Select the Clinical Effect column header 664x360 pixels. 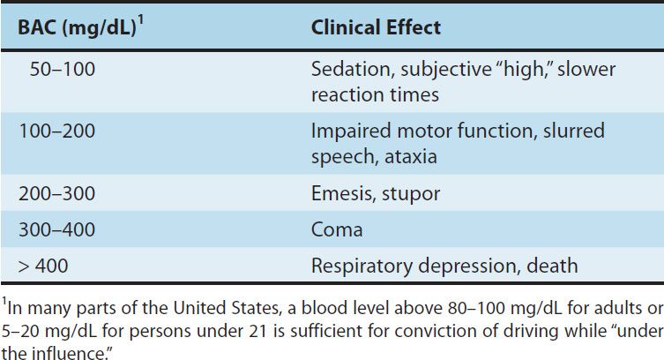pos(376,28)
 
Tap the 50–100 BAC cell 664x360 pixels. pos(62,69)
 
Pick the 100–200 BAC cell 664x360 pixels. pos(57,131)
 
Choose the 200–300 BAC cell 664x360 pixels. pos(57,191)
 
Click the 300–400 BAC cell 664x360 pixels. pos(57,228)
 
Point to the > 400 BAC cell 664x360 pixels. pos(43,265)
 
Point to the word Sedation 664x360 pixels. pos(347,69)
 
